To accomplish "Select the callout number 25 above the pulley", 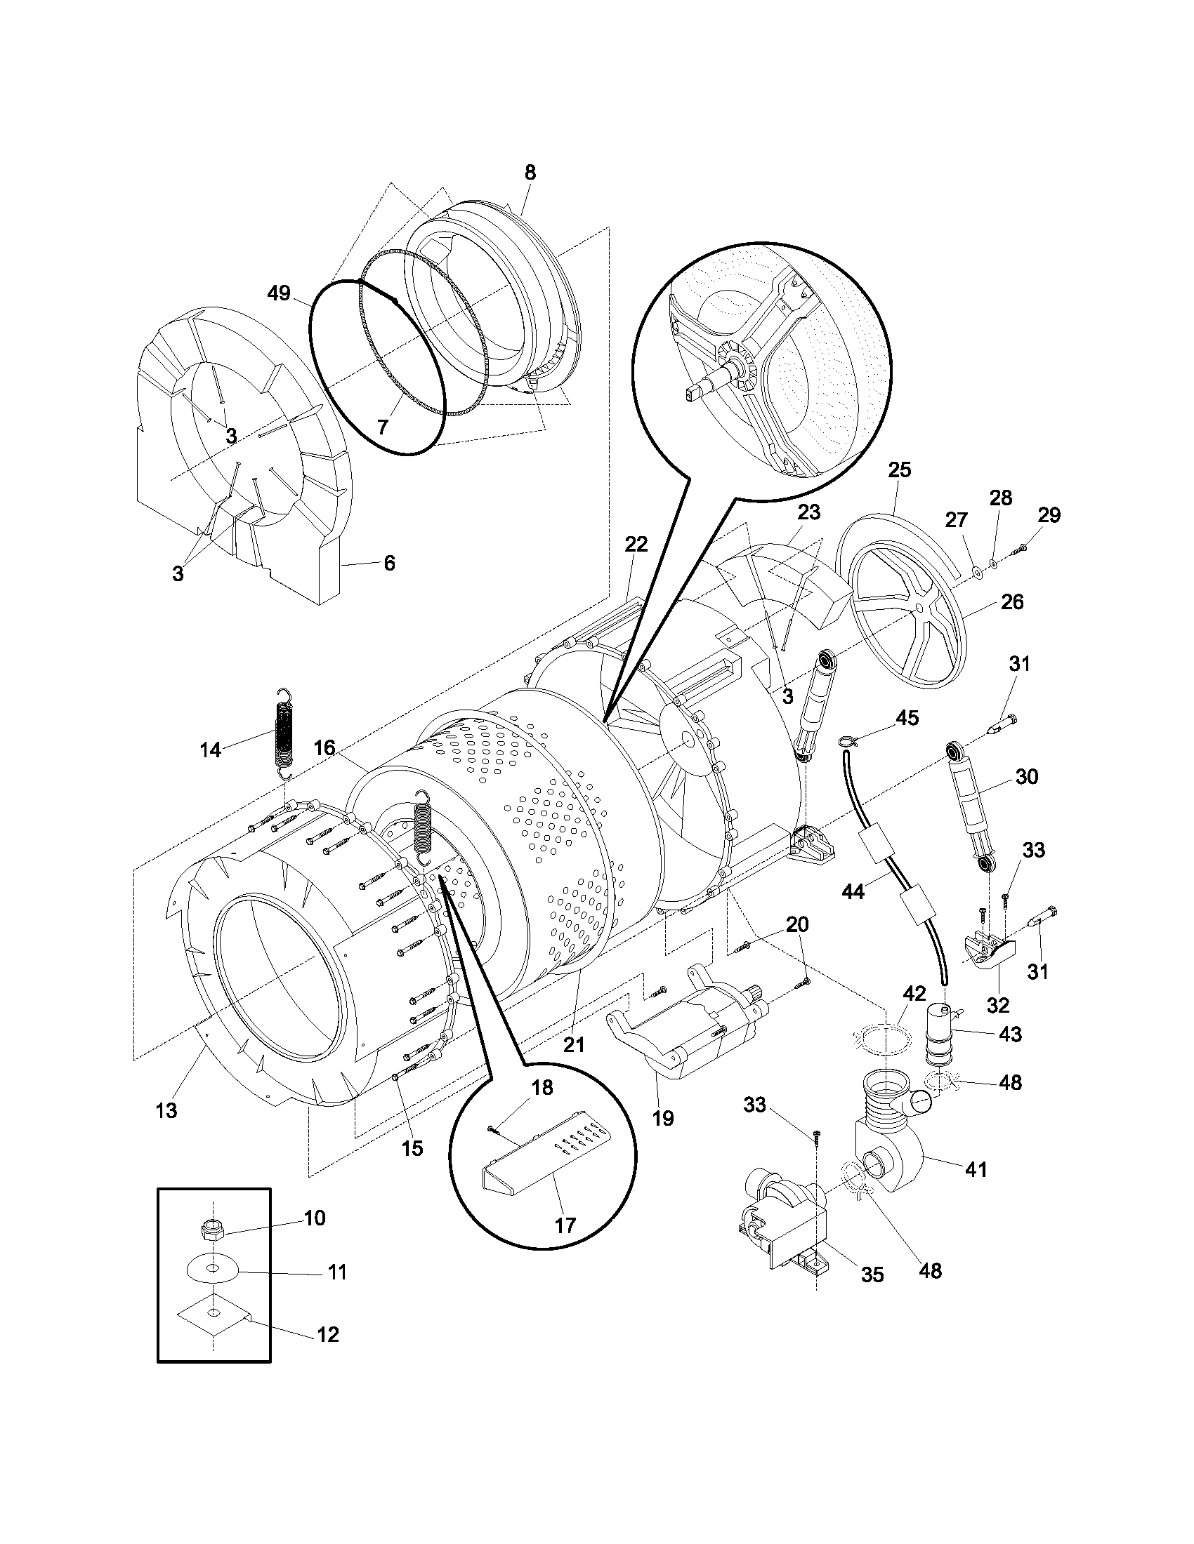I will point(900,470).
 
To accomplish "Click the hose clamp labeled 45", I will point(848,740).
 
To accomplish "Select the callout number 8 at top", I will point(530,172).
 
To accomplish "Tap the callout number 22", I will point(636,544).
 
